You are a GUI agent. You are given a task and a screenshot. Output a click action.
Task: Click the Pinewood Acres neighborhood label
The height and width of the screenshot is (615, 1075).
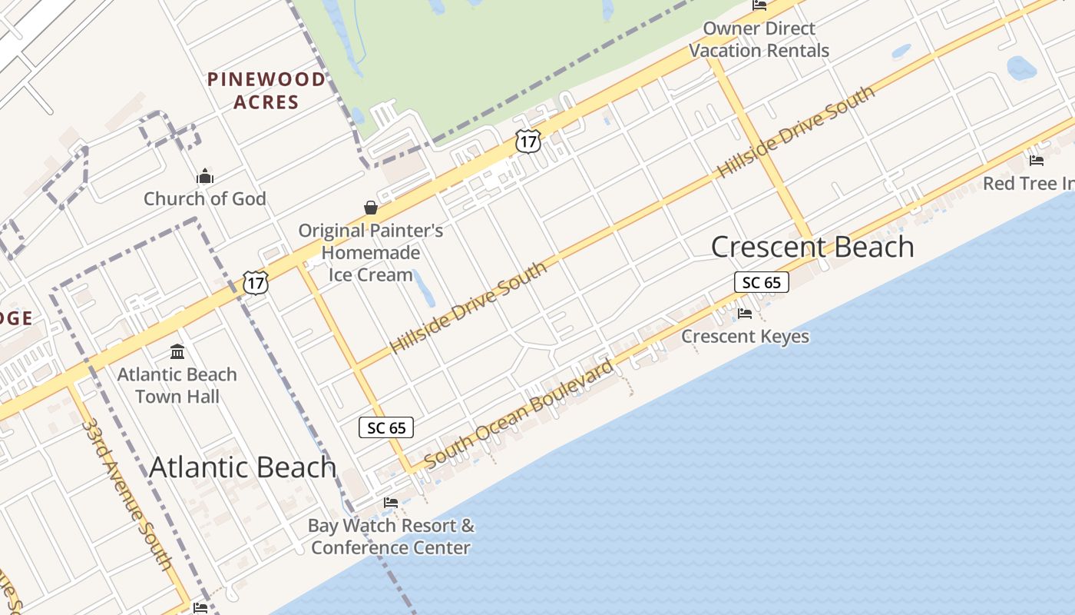(266, 90)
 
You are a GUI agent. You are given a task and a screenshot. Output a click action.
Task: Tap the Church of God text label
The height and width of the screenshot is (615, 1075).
(205, 198)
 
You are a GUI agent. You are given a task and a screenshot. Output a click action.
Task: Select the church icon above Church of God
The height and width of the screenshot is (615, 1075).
(204, 177)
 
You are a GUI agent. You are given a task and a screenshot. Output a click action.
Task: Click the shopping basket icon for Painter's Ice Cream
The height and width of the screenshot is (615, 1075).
(371, 208)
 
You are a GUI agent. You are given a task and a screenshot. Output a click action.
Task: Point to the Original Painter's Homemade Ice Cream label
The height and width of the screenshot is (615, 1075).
(371, 252)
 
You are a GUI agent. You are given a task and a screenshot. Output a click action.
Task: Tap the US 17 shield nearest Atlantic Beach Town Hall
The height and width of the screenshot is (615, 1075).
(256, 282)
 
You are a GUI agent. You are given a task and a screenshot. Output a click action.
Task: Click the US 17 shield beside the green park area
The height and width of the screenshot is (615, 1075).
(528, 141)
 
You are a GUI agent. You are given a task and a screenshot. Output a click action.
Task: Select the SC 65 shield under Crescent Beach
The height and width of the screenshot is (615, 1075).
(761, 282)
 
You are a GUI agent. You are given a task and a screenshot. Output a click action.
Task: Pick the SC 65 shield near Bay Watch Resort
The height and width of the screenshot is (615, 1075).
(386, 427)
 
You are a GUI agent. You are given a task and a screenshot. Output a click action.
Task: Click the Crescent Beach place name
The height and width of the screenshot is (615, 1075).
(812, 247)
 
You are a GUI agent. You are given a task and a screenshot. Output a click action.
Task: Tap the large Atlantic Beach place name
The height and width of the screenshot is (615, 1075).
(243, 467)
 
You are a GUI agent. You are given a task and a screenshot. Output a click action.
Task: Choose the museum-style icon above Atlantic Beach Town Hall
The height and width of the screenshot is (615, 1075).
(177, 352)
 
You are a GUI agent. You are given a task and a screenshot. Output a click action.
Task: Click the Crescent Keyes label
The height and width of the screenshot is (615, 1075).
(745, 336)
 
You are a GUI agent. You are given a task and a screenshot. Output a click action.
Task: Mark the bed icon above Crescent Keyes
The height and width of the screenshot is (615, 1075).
(744, 314)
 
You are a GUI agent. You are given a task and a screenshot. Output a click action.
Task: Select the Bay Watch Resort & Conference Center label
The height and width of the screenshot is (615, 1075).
(391, 537)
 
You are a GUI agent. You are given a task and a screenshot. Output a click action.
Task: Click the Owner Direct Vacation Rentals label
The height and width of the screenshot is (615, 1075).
(759, 39)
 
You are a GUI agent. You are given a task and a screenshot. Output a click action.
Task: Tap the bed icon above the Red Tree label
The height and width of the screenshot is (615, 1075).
(1037, 161)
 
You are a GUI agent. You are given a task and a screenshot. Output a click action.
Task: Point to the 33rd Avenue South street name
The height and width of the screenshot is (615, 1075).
(127, 494)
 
